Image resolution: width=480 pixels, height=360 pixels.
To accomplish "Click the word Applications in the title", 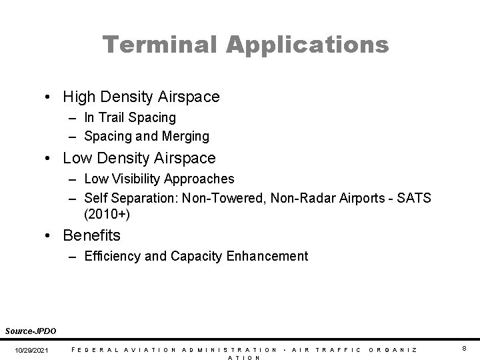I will click(307, 45).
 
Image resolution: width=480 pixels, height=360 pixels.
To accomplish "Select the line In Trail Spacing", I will click(130, 117).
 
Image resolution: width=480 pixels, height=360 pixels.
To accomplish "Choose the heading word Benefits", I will click(92, 235).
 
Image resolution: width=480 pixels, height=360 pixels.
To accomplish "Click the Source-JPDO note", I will click(31, 331).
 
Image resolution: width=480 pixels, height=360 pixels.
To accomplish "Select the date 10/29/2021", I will click(32, 350).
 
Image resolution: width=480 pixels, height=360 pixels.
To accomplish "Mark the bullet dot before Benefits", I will click(51, 236).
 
